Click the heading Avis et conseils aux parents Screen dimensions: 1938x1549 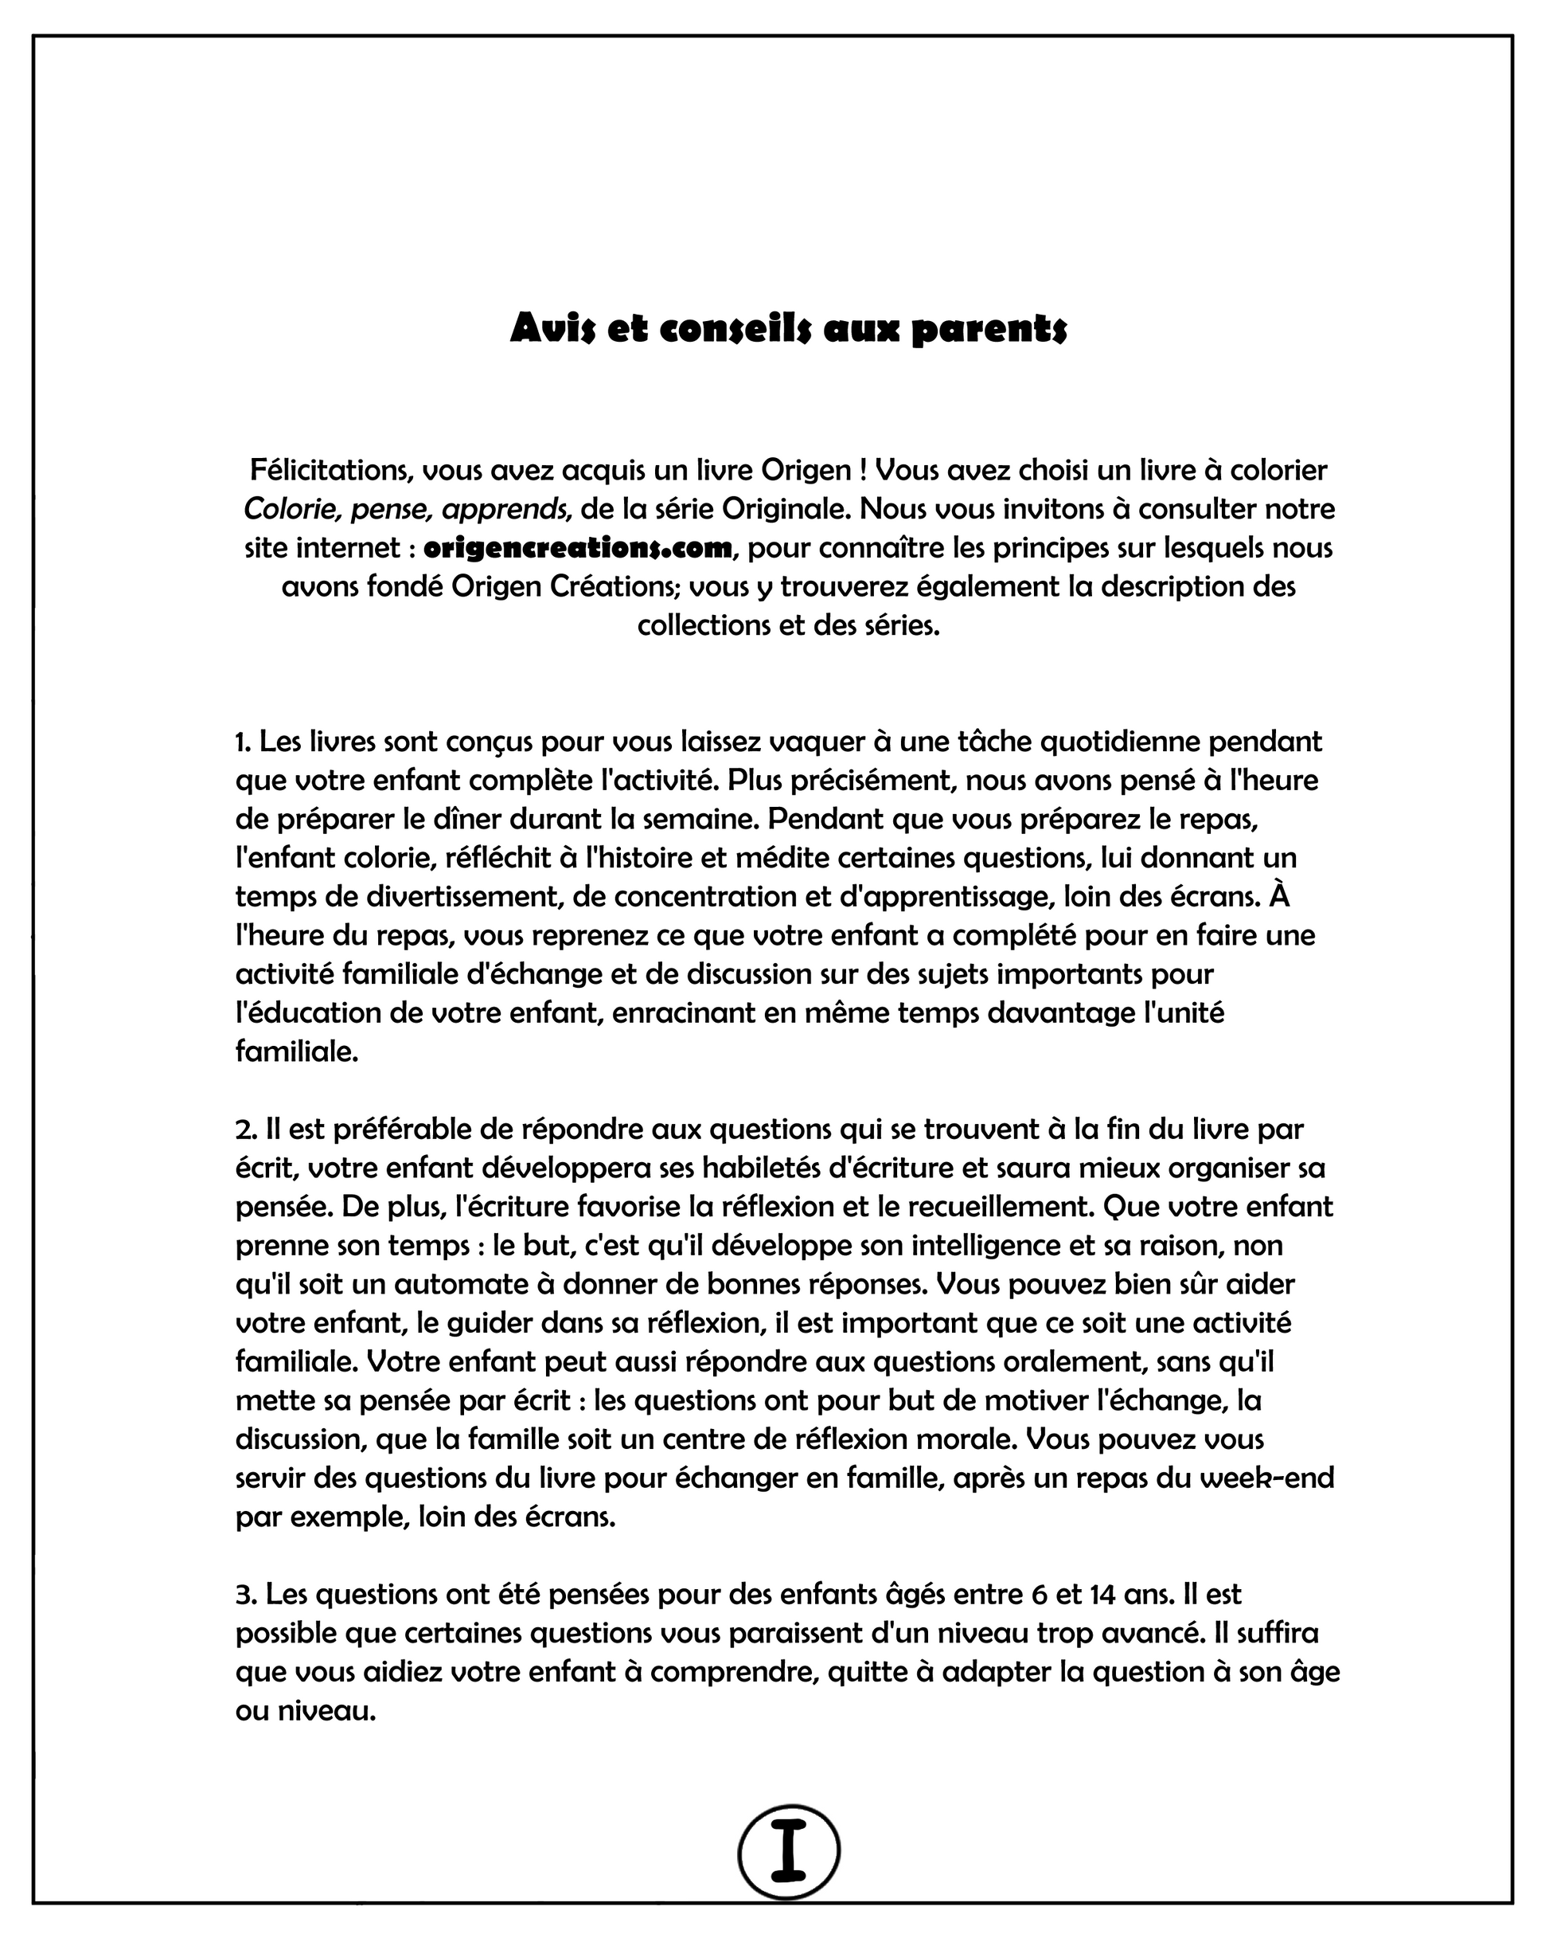tap(788, 330)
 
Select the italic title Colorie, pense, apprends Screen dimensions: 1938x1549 tap(407, 510)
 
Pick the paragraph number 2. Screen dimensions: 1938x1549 tap(244, 1129)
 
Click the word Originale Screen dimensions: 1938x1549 tap(786, 510)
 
